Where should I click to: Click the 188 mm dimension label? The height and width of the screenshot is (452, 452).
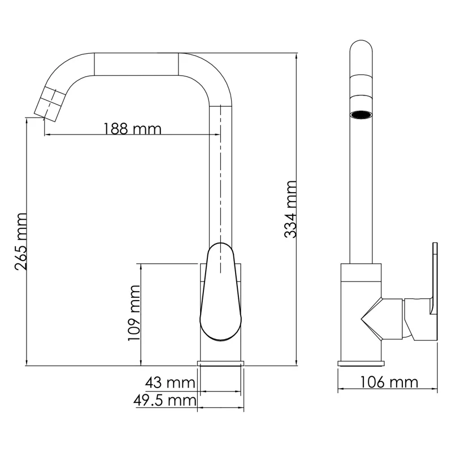point(132,128)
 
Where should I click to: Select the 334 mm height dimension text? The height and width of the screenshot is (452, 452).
point(290,209)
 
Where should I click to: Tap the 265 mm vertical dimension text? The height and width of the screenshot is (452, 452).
point(20,241)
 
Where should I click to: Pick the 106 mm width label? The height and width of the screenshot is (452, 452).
point(390,383)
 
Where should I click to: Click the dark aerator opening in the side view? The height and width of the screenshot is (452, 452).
point(361,115)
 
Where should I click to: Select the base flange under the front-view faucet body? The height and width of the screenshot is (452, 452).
point(221,363)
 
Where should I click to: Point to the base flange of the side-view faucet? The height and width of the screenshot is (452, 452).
point(360,363)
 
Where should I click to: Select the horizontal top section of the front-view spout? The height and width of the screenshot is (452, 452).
point(137,63)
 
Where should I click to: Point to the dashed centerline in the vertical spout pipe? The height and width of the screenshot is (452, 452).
point(220,181)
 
